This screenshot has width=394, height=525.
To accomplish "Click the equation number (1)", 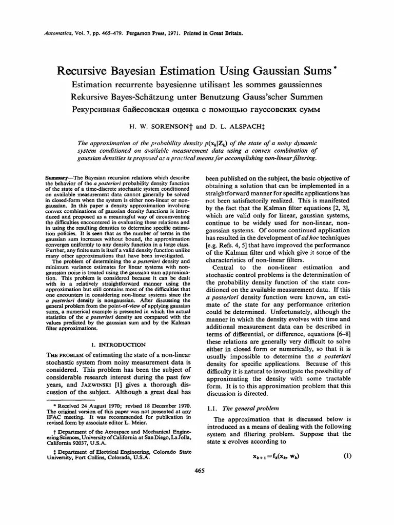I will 347,456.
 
